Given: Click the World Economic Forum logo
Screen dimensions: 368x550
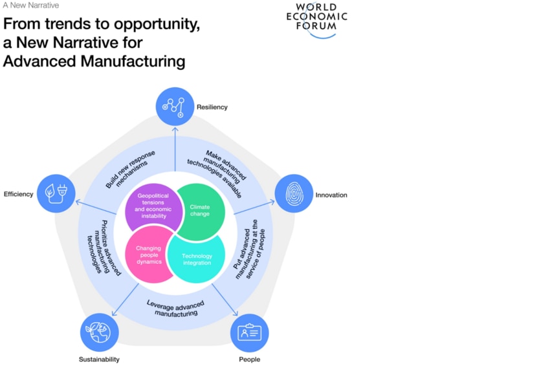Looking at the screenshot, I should click(316, 19).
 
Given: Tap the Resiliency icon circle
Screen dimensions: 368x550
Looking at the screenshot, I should click(175, 106).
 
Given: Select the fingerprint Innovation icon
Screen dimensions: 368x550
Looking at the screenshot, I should click(294, 193).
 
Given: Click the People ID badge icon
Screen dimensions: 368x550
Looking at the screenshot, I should click(249, 333).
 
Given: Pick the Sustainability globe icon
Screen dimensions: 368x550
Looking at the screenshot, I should click(99, 332).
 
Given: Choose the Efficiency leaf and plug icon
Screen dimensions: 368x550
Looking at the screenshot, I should click(56, 193).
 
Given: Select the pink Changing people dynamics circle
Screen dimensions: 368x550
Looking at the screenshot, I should click(148, 254).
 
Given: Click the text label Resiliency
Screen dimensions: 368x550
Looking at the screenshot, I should click(212, 107).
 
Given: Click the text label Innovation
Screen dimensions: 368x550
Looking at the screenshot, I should click(331, 195).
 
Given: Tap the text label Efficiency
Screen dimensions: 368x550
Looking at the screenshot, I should click(18, 194).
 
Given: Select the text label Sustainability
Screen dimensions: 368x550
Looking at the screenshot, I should click(99, 359).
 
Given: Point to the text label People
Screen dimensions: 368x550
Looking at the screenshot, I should click(249, 359).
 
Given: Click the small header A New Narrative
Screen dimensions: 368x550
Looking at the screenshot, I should click(30, 5).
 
